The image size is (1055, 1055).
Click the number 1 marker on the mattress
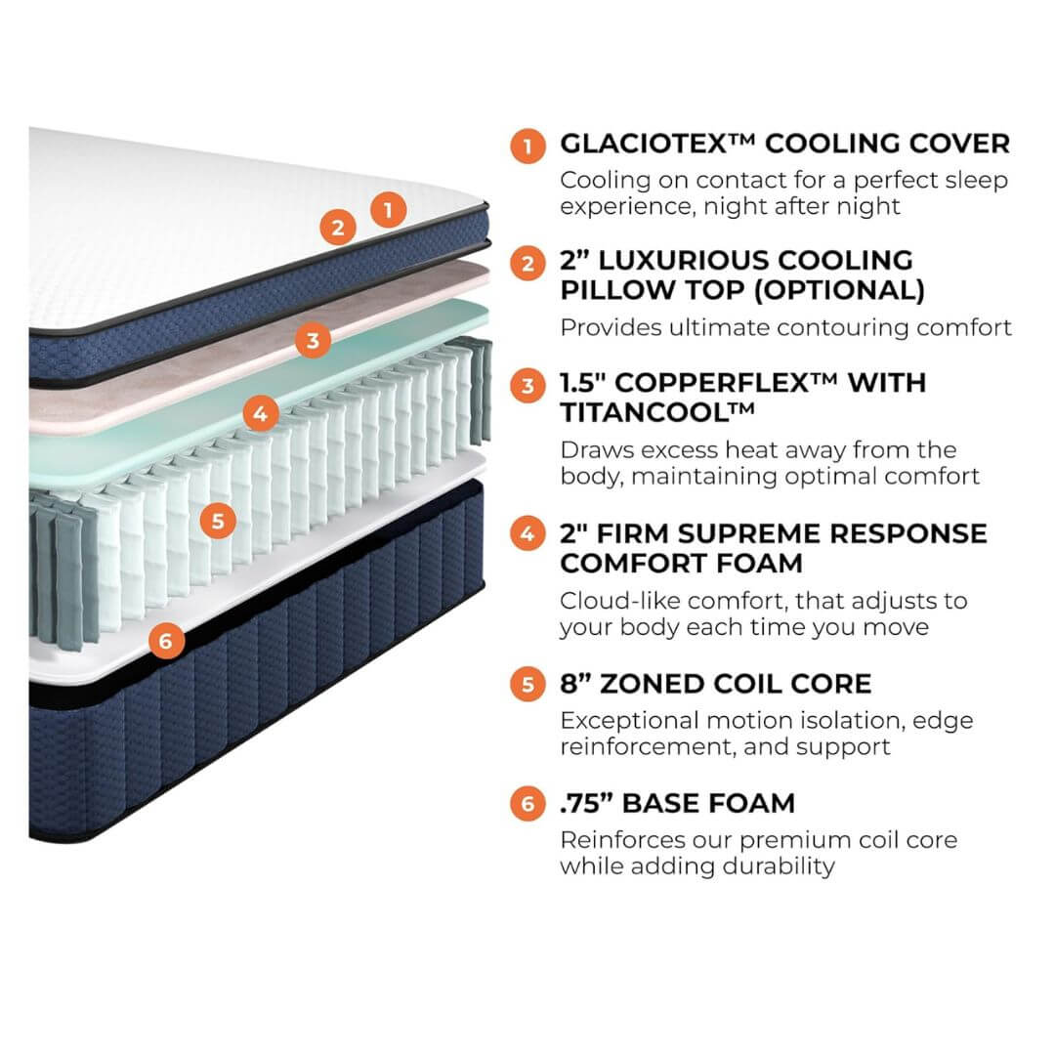pos(388,208)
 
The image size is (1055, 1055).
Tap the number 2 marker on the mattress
pos(337,228)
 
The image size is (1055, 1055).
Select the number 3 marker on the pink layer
pos(313,340)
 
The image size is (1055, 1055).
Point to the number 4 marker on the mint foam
pos(259,413)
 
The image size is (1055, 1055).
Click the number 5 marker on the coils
pos(217,521)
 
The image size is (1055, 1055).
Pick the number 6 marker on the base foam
pos(165,640)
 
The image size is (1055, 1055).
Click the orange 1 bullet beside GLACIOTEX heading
pos(527,147)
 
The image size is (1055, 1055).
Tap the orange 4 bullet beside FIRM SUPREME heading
pos(527,534)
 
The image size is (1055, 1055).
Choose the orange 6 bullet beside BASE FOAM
pos(527,804)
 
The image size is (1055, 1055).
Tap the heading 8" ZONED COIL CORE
pos(715,683)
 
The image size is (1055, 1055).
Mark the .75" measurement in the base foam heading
pos(586,803)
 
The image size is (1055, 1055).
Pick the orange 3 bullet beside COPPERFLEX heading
pos(527,385)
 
